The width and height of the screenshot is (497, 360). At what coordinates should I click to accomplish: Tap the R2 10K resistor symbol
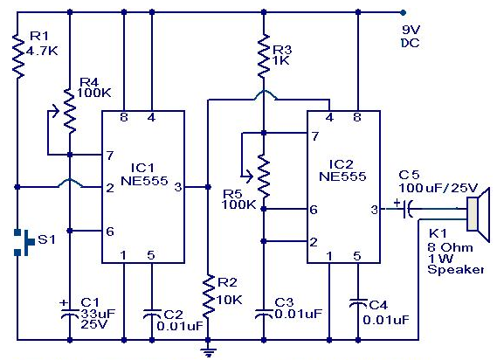tap(208, 295)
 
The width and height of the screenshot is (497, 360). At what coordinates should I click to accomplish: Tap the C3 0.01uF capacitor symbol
tap(263, 312)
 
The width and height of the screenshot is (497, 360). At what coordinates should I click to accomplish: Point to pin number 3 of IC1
tap(177, 186)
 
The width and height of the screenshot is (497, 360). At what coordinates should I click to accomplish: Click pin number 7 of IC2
tap(315, 135)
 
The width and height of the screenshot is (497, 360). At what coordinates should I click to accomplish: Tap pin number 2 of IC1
tap(109, 187)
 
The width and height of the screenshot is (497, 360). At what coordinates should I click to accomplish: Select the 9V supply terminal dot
tap(403, 13)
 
